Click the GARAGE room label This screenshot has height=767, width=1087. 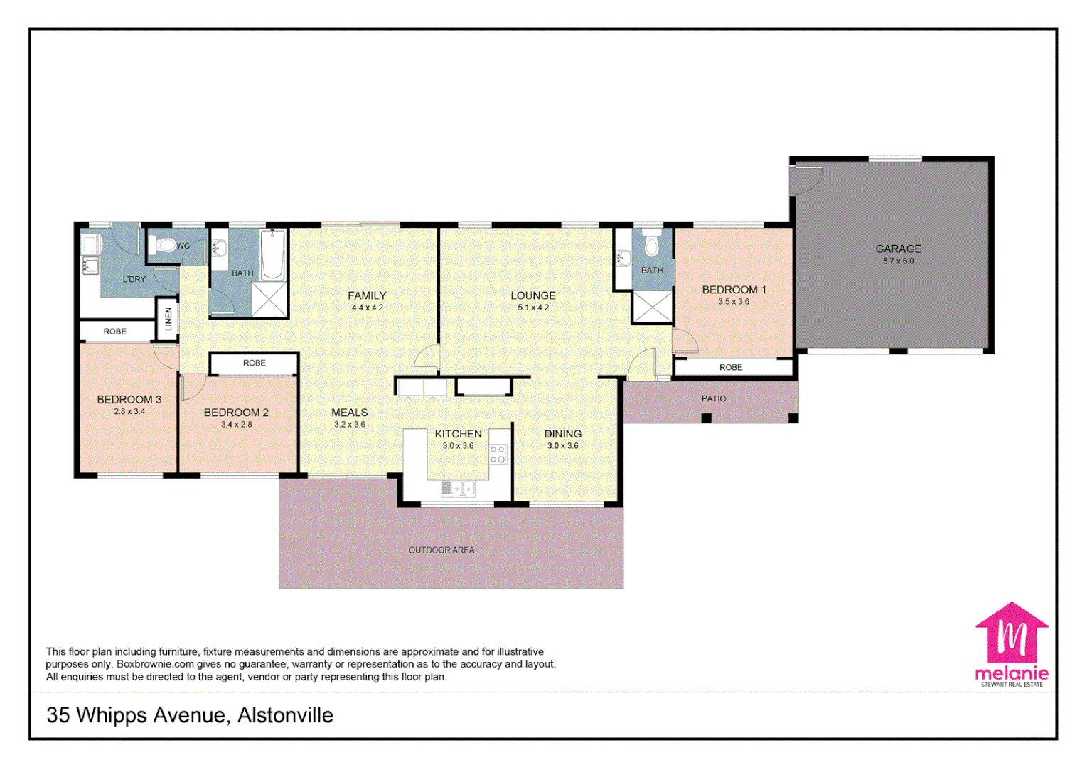click(898, 249)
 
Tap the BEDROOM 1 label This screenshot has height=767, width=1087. click(734, 290)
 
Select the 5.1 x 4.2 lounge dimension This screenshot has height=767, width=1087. click(532, 308)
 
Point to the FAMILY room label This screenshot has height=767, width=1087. click(367, 295)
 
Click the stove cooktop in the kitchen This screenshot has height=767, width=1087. click(498, 455)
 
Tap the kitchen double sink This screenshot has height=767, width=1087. click(459, 488)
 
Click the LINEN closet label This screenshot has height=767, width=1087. click(168, 319)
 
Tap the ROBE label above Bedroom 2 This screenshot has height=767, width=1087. click(254, 363)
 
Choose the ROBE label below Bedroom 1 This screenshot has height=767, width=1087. click(730, 367)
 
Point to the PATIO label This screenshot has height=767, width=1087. click(714, 398)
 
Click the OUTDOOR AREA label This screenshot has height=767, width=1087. click(441, 550)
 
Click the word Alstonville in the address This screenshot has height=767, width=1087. click(285, 715)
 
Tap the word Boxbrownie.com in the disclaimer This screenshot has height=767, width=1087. click(155, 664)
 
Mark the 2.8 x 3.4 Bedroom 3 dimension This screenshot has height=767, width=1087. click(129, 411)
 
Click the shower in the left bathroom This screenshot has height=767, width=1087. click(269, 300)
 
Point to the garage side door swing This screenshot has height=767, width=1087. click(805, 180)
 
